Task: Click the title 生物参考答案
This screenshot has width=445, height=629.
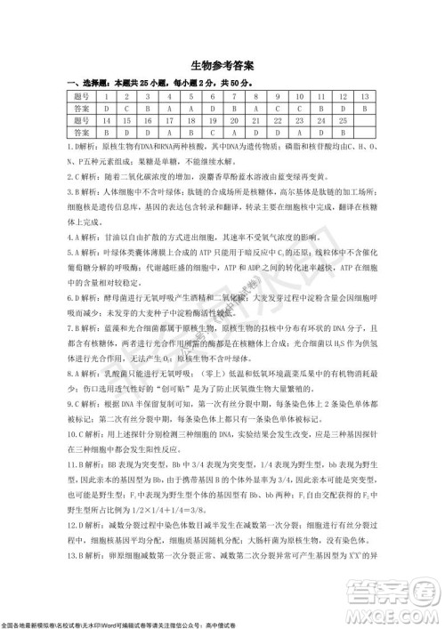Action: click(x=222, y=67)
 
